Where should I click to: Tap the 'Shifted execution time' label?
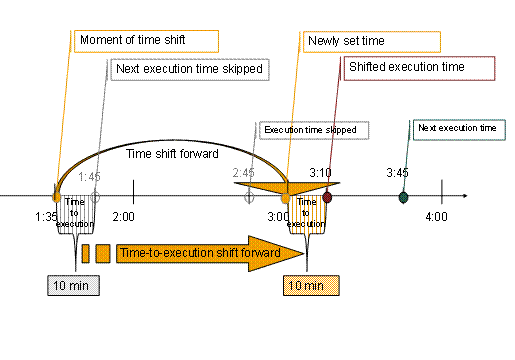tap(419, 69)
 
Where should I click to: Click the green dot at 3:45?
tap(403, 197)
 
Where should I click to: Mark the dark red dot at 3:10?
tap(327, 197)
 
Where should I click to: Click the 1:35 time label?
tap(45, 216)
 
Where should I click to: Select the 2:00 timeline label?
tap(125, 216)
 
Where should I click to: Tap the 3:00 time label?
tap(279, 216)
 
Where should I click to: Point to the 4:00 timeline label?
tap(436, 216)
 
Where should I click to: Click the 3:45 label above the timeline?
tap(397, 173)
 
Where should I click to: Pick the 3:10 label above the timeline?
tap(320, 173)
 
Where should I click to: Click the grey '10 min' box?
tap(73, 286)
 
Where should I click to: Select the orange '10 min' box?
tap(310, 286)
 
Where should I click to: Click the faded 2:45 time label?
tap(243, 173)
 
